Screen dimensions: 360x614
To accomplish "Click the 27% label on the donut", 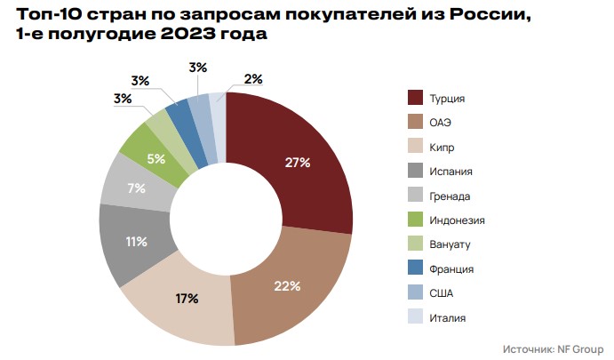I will coord(297,163).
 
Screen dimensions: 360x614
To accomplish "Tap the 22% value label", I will coord(287,286).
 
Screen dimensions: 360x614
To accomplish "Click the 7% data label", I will coord(136,188).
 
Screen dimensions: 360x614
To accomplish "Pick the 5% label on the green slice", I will coord(156,159).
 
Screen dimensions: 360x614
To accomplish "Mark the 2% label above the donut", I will coord(252,79).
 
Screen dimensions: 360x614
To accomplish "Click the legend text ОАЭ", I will coord(443,123).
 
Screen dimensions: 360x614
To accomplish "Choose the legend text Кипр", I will coord(444,147).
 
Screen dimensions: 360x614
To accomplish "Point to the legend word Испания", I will coord(451,172).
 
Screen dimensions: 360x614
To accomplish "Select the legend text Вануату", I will coord(451,244).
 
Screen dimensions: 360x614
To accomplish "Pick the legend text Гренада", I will coord(450,196).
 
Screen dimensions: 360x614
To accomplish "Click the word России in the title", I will coord(483,13).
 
